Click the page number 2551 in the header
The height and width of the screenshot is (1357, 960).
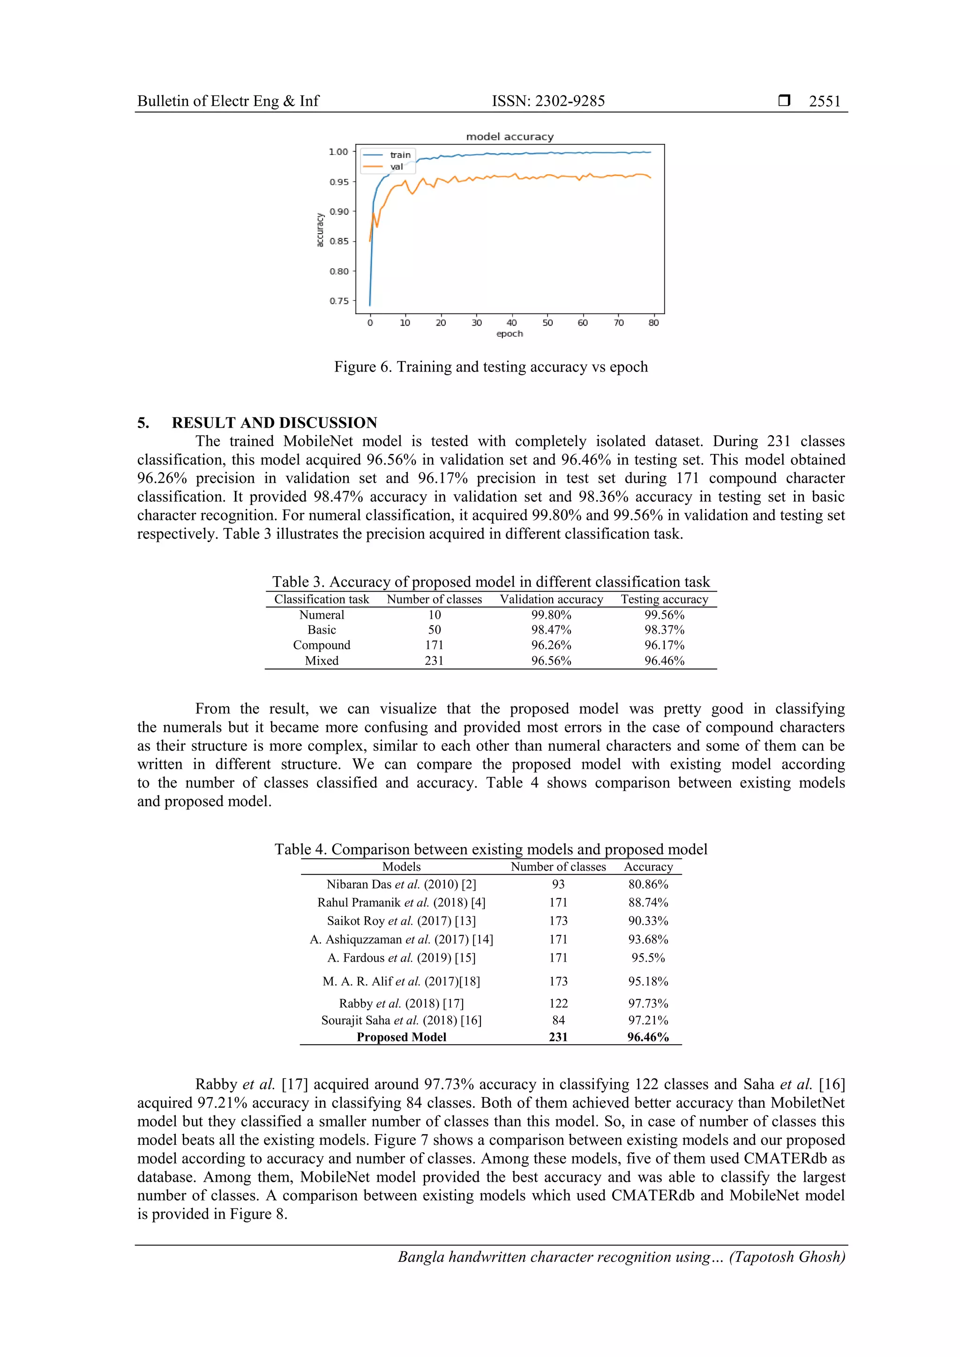pyautogui.click(x=824, y=101)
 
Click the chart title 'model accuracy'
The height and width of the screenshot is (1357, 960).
pyautogui.click(x=509, y=136)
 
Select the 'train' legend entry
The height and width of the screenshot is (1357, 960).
pyautogui.click(x=400, y=155)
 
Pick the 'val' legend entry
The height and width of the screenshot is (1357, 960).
pyautogui.click(x=396, y=167)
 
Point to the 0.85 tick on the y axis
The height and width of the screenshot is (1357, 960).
pyautogui.click(x=339, y=241)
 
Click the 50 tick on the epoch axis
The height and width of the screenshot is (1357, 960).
pyautogui.click(x=547, y=323)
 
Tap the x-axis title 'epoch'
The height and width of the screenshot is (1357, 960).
pyautogui.click(x=509, y=334)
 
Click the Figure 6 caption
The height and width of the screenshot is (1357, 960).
pyautogui.click(x=490, y=367)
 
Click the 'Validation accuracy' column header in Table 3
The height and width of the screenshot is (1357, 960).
pyautogui.click(x=551, y=599)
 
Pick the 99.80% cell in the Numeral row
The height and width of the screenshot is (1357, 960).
pyautogui.click(x=551, y=615)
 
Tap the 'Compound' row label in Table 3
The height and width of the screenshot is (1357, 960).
pyautogui.click(x=321, y=645)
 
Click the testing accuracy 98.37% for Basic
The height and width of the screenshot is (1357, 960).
pyautogui.click(x=664, y=630)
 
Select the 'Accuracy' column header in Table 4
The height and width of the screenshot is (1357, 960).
pyautogui.click(x=648, y=867)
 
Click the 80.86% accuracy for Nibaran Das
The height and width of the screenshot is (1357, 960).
pyautogui.click(x=648, y=884)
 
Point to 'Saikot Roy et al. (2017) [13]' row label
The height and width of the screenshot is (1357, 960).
pyautogui.click(x=401, y=921)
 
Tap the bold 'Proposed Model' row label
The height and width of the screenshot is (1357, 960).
pyautogui.click(x=401, y=1037)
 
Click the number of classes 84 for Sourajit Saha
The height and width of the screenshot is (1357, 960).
pyautogui.click(x=558, y=1020)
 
